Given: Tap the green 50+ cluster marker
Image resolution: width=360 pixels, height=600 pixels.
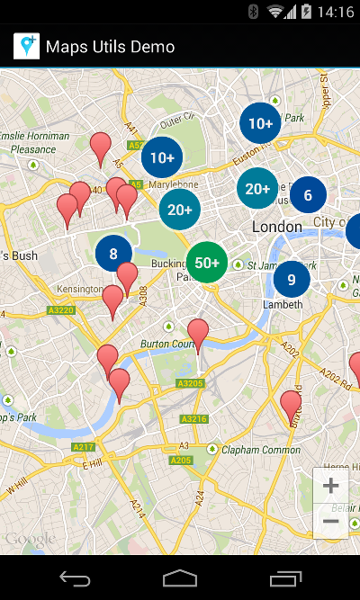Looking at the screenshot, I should click(207, 263).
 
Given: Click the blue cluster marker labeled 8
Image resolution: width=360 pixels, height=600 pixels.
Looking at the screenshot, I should click(113, 253).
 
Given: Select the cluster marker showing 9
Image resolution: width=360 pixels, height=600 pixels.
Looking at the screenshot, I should click(292, 279).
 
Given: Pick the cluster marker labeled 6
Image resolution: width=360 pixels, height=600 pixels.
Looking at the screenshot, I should click(308, 194).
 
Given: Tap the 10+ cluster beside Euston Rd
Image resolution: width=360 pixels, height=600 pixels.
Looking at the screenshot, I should click(260, 123).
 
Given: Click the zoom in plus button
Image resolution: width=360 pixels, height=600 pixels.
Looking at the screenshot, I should click(330, 486).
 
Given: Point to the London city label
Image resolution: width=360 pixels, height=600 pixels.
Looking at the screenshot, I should click(276, 227).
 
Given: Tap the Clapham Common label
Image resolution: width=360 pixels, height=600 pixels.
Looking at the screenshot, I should click(261, 450).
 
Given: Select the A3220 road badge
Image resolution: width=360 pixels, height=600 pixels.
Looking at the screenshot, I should click(60, 310).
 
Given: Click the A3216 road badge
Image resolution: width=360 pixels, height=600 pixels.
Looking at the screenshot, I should click(193, 419).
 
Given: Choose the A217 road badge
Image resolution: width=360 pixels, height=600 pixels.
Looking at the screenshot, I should click(84, 447).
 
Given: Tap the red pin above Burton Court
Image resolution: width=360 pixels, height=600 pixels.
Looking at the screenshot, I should click(198, 333).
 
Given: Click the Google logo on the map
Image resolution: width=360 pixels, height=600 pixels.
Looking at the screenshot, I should click(29, 539).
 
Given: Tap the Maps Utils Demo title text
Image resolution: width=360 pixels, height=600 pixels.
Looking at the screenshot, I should click(110, 47).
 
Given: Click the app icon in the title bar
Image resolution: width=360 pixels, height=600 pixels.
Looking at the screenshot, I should click(26, 47).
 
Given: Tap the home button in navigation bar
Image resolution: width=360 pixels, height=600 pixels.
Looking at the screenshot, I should click(180, 578).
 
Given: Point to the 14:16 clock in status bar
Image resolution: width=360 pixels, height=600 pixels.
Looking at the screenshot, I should click(336, 12).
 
